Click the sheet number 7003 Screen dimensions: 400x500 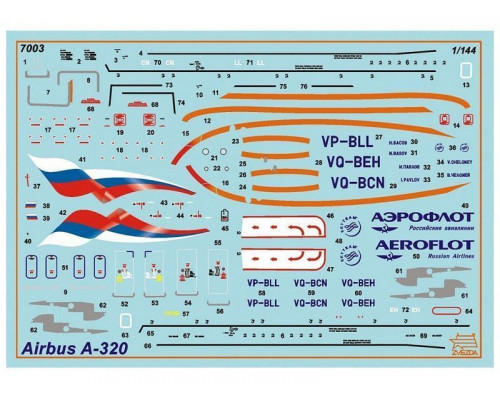coord(32,46)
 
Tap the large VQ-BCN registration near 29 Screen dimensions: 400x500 coord(351,182)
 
